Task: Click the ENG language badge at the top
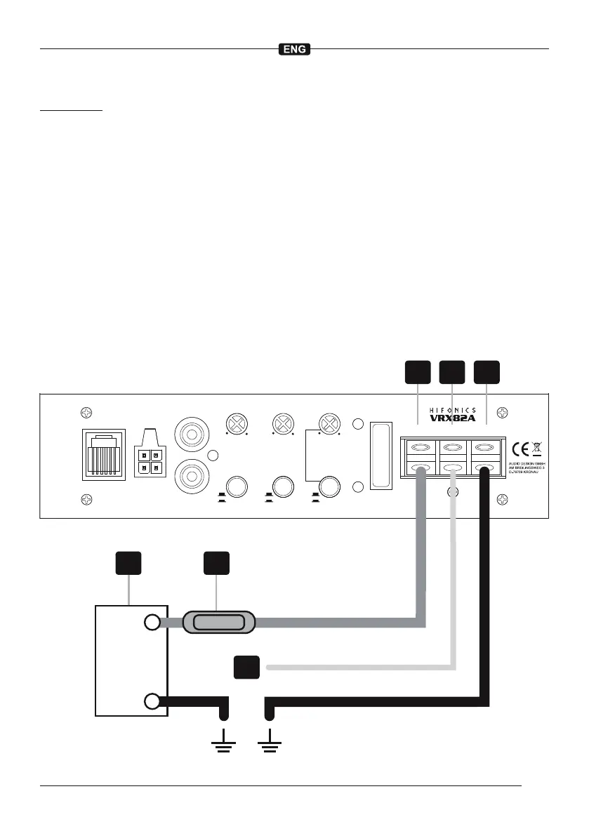click(295, 50)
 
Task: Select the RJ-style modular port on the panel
click(104, 453)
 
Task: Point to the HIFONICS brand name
click(452, 410)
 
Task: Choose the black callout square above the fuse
click(216, 564)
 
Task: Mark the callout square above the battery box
click(128, 564)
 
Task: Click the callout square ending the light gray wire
click(246, 668)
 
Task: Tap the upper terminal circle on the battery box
click(152, 623)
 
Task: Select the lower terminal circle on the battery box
click(152, 701)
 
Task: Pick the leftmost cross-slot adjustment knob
click(234, 423)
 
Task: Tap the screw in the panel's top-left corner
click(86, 413)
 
